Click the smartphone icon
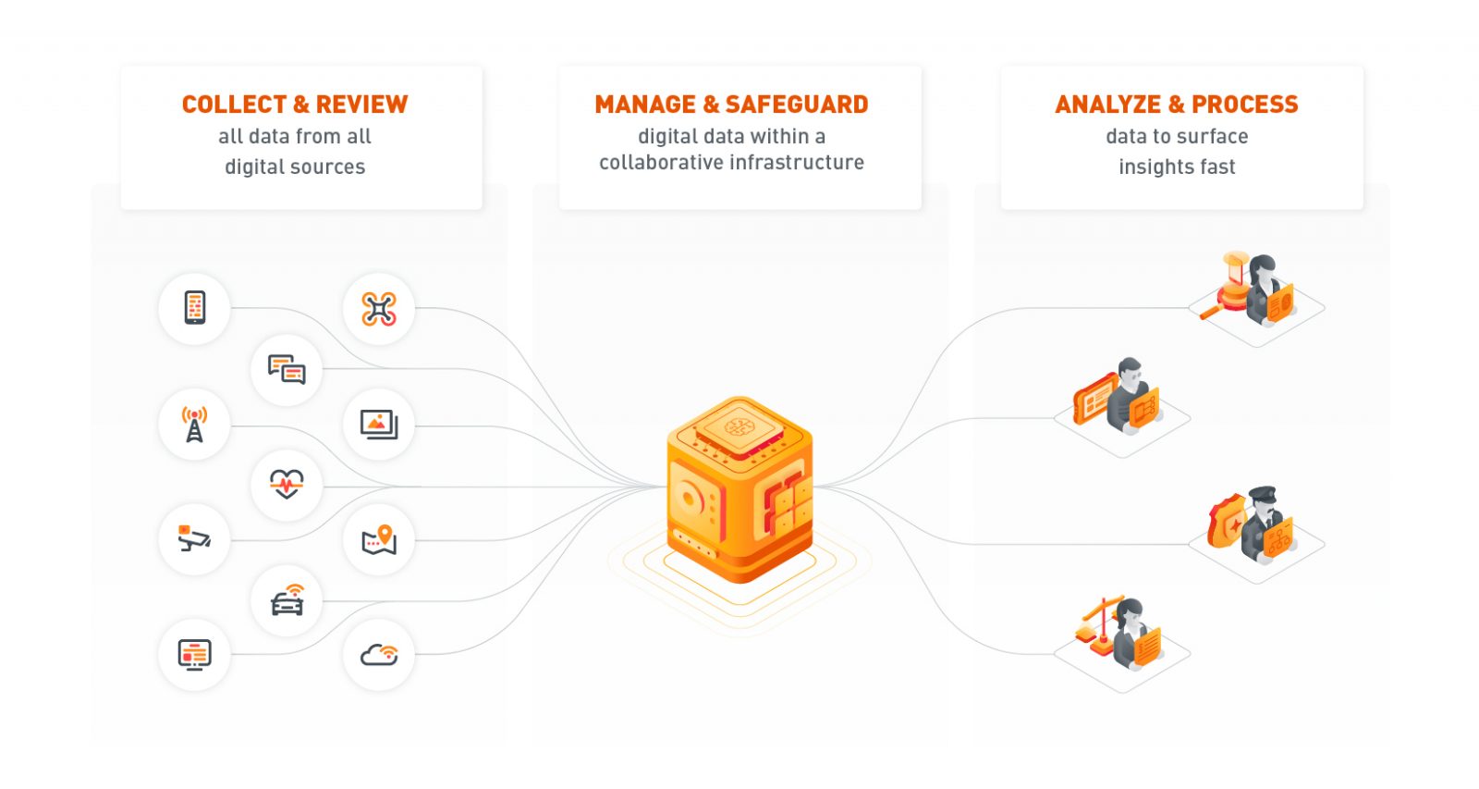pos(194,308)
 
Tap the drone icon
pos(379,309)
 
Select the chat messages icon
pos(287,369)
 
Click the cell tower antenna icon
pos(194,425)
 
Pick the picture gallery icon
pos(379,425)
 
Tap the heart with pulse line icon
pos(287,484)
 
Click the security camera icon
pos(194,539)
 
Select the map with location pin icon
pos(379,540)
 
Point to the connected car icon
pos(287,600)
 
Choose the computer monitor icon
pos(194,655)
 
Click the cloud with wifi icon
pos(379,655)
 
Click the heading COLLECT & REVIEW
pos(295,105)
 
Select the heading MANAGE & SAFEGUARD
pos(731,105)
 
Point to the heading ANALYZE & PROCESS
pos(1177,105)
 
